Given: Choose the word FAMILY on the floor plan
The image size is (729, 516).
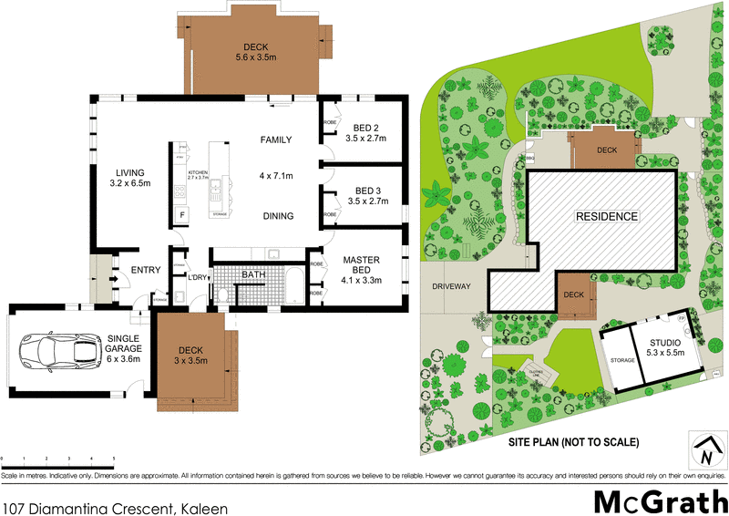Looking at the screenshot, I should pos(276,139).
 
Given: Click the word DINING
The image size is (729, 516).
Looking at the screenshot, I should pos(278,216).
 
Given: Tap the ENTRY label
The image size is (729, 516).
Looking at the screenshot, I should pos(146,270).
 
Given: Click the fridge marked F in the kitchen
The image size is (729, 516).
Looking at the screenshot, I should pos(182,215).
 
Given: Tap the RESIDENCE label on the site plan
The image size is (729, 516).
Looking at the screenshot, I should pos(606,216).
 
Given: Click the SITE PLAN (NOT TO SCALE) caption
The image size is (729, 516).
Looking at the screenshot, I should pos(573,442).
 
